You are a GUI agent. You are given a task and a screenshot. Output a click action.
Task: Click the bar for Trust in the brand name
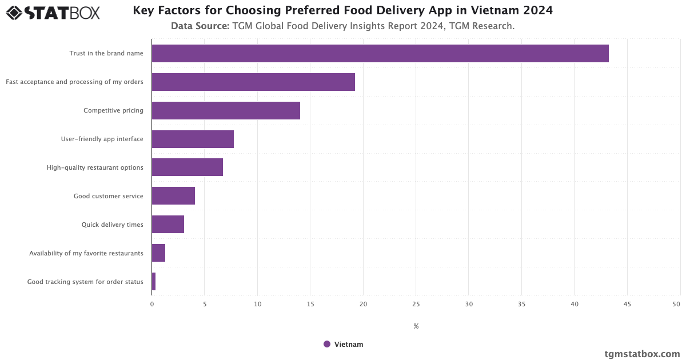(x=380, y=53)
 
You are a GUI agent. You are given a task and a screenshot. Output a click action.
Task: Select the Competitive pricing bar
(x=226, y=110)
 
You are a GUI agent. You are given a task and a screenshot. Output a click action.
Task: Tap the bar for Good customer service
(x=173, y=196)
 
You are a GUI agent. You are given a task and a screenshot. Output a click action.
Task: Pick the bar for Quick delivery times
(x=167, y=225)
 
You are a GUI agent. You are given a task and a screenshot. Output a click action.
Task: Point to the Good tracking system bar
(x=154, y=282)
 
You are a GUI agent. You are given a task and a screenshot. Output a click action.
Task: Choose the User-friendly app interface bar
(x=193, y=139)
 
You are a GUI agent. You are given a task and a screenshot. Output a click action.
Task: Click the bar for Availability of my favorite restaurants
(x=158, y=253)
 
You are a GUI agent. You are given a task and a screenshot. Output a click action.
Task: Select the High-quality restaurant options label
(x=95, y=167)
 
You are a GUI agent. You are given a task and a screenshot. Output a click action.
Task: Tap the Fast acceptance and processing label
(x=74, y=82)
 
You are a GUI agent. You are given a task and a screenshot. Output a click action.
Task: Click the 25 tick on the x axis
(x=416, y=304)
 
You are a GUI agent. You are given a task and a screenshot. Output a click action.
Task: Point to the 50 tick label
(x=676, y=304)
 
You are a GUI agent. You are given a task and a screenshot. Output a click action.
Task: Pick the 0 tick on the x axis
(x=152, y=304)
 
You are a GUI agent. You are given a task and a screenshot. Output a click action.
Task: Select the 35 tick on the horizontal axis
(x=521, y=304)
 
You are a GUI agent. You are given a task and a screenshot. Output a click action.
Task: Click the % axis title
(x=416, y=326)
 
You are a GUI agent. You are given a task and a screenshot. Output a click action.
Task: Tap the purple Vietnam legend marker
(x=327, y=344)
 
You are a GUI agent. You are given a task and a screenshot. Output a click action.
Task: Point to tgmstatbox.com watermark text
(x=643, y=354)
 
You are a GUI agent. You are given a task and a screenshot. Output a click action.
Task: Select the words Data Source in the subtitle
(x=200, y=26)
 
